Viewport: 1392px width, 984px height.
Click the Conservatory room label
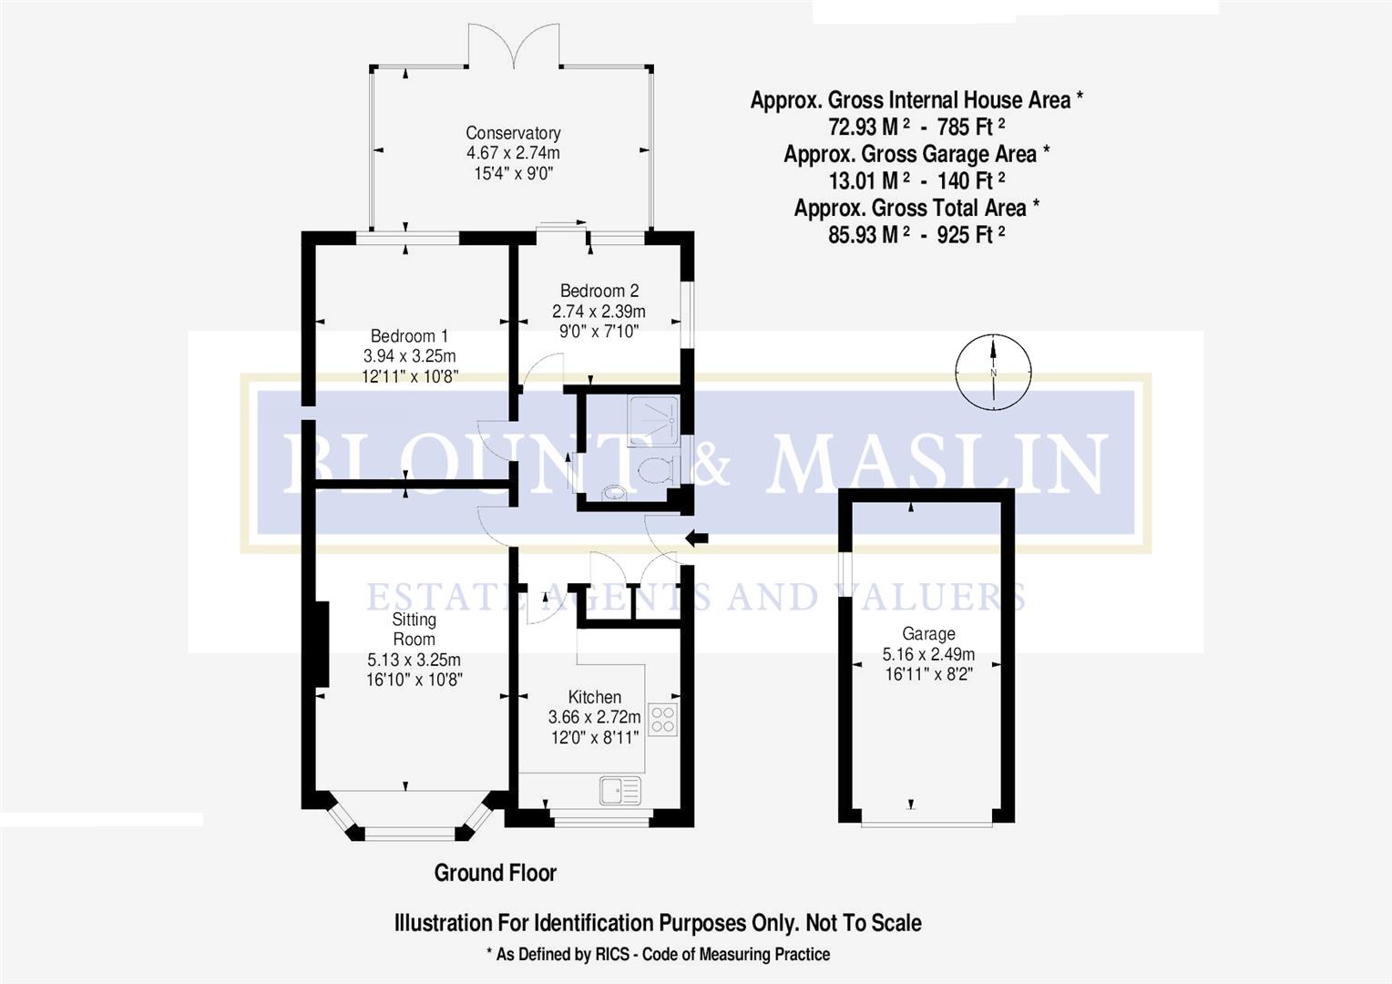pyautogui.click(x=513, y=133)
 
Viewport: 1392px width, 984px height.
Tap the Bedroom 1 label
pyautogui.click(x=409, y=336)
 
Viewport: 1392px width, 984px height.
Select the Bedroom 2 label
pyautogui.click(x=599, y=291)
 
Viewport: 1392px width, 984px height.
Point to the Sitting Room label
pyautogui.click(x=414, y=629)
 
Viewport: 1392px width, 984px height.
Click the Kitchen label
pyautogui.click(x=594, y=697)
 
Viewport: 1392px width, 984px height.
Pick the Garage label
pyautogui.click(x=928, y=633)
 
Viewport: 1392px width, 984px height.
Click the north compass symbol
pyautogui.click(x=993, y=371)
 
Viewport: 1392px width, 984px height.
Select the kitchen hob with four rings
pyautogui.click(x=663, y=719)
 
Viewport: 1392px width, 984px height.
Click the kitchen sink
pyautogui.click(x=620, y=790)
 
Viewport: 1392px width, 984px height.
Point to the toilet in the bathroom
pyautogui.click(x=656, y=470)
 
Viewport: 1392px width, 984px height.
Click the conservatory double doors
pyautogui.click(x=515, y=46)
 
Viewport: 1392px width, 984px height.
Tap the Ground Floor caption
pyautogui.click(x=495, y=873)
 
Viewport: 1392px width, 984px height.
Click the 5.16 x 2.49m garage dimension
pyautogui.click(x=928, y=654)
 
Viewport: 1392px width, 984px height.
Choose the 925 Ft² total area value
pyautogui.click(x=971, y=234)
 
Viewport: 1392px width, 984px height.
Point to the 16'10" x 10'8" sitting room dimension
pyautogui.click(x=414, y=680)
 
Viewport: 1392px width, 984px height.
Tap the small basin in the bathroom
pyautogui.click(x=614, y=493)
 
